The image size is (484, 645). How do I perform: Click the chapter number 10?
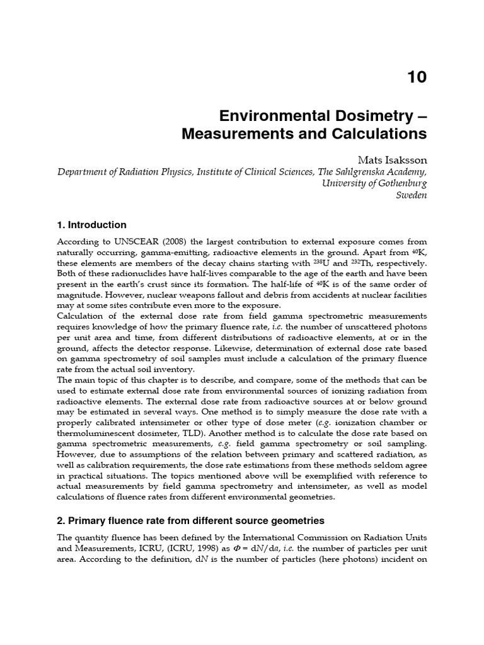pyautogui.click(x=417, y=77)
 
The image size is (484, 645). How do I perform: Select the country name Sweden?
pyautogui.click(x=412, y=195)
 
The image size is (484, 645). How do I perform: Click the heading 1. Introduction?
pyautogui.click(x=91, y=225)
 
